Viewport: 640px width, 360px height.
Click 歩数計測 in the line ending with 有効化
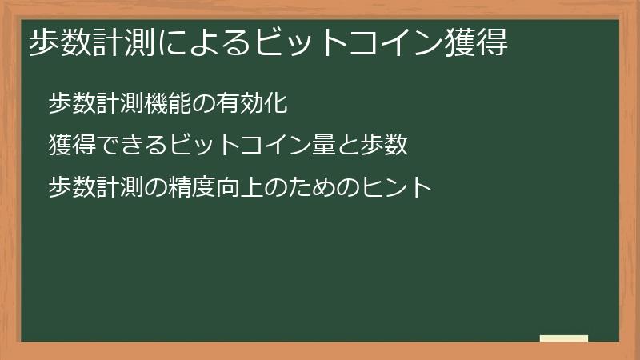[x=96, y=102]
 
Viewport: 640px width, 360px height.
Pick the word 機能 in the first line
[x=168, y=102]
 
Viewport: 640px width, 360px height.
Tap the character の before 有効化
[x=203, y=102]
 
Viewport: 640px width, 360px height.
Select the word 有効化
[x=250, y=102]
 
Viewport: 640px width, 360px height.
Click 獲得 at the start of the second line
[x=72, y=145]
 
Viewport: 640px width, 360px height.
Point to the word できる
[x=132, y=145]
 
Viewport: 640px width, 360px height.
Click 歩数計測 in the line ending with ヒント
[x=96, y=188]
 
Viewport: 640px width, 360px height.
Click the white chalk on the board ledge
[x=564, y=338]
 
